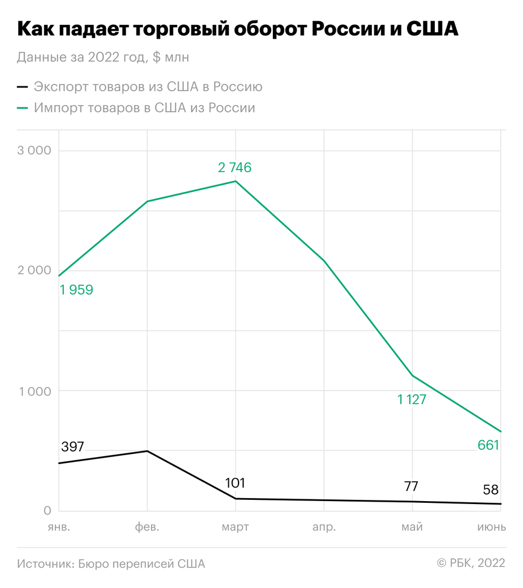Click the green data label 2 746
[235, 167]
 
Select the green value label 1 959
[76, 290]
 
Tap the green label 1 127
[411, 399]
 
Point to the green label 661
[489, 446]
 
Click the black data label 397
[73, 447]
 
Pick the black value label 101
[235, 483]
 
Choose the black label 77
[412, 487]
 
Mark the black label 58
[490, 490]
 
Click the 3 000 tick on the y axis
[34, 150]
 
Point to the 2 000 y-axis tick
[34, 270]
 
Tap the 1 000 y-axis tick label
[34, 391]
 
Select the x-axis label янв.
[59, 527]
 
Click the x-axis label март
[235, 527]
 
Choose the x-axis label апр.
[324, 527]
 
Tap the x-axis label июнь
[492, 527]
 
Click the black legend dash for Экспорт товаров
[22, 86]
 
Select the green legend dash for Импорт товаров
[22, 108]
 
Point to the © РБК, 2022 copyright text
[470, 563]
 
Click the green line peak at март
[236, 181]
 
